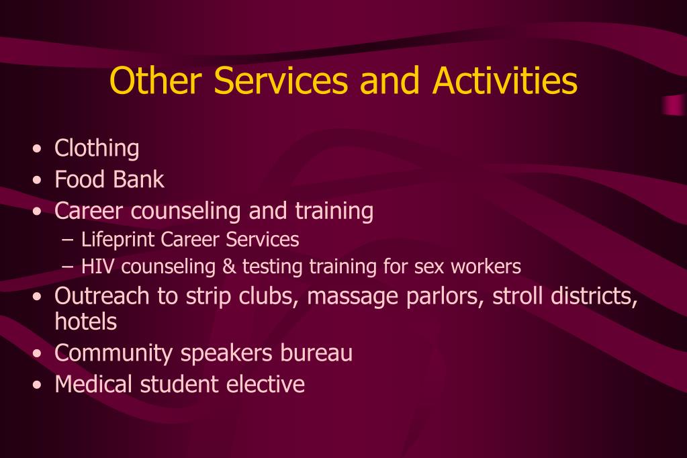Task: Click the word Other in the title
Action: tap(156, 80)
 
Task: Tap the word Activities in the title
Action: tap(505, 80)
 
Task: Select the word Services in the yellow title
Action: tap(281, 80)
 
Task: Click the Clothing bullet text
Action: tap(97, 148)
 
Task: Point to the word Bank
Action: tap(138, 179)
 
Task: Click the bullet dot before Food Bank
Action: tap(37, 180)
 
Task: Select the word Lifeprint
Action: tap(118, 240)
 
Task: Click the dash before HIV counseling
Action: tap(68, 267)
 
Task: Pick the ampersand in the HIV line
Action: tap(229, 267)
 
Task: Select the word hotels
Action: tap(86, 321)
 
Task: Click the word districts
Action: tap(594, 296)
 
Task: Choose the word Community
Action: tap(113, 353)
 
